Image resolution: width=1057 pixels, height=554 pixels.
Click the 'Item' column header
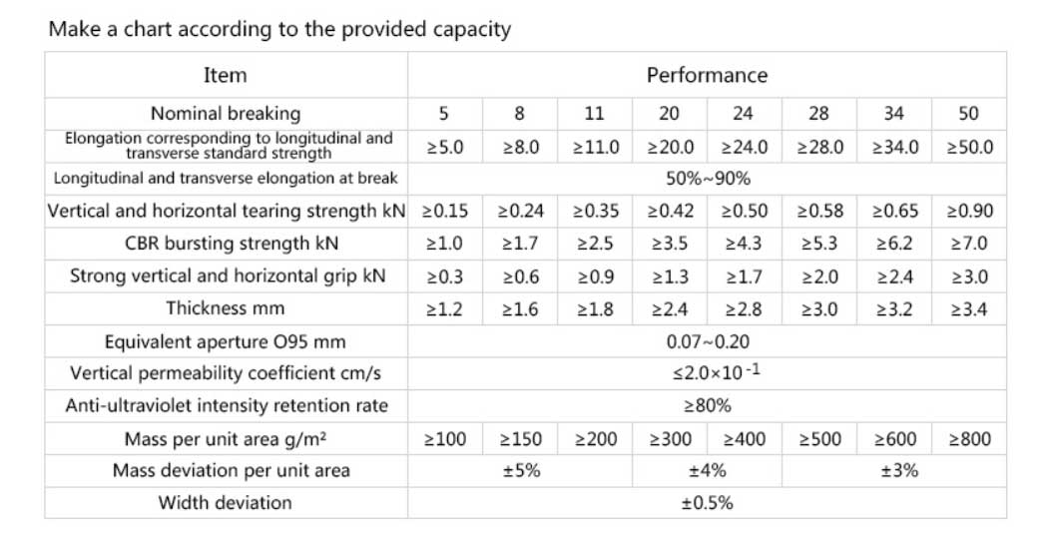(225, 75)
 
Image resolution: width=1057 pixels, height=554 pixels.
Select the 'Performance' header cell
(707, 75)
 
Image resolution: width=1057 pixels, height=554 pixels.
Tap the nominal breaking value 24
(744, 113)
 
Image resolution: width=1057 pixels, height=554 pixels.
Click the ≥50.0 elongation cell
(968, 147)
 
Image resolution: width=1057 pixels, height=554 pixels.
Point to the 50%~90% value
(707, 179)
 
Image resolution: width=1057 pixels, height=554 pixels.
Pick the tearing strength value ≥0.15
(445, 212)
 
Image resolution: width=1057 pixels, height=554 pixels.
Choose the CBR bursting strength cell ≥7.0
(968, 244)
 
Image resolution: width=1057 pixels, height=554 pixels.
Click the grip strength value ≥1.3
(669, 277)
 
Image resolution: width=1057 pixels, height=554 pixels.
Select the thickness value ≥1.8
(594, 309)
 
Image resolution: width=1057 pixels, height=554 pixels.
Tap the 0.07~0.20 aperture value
(707, 341)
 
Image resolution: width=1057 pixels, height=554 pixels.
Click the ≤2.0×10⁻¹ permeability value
(707, 373)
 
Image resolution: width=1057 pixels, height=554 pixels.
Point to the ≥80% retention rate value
(707, 406)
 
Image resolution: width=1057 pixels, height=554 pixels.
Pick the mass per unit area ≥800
(968, 438)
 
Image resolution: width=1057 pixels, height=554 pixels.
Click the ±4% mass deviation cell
(707, 470)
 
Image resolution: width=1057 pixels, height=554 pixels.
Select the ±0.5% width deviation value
(707, 503)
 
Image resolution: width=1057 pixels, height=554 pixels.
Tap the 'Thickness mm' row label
(225, 307)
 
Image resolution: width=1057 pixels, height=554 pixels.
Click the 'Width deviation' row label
(225, 502)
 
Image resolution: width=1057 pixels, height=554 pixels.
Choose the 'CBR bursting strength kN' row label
(225, 244)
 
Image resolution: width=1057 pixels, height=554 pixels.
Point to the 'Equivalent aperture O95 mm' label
(225, 342)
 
